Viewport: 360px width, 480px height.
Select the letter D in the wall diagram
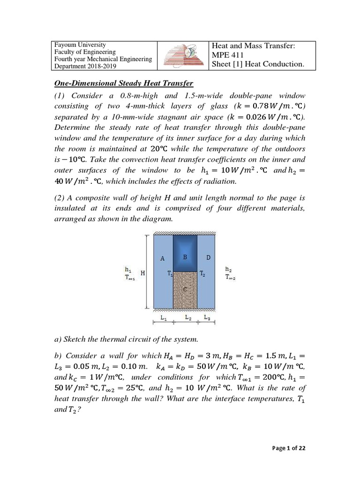coord(208,258)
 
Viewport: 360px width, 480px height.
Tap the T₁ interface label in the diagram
coord(170,273)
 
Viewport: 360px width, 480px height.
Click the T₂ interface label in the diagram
coord(202,273)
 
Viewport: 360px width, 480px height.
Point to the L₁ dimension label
coord(163,317)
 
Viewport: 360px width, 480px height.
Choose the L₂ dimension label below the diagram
coord(188,317)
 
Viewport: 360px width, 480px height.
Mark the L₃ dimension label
coord(207,317)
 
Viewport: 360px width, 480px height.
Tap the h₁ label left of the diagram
coord(127,270)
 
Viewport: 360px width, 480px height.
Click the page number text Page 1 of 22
coord(289,449)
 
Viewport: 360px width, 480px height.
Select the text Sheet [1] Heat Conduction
coord(258,64)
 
